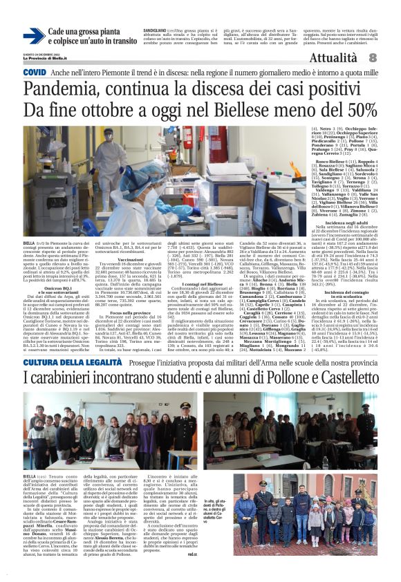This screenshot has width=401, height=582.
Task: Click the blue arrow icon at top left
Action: pos(34,36)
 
